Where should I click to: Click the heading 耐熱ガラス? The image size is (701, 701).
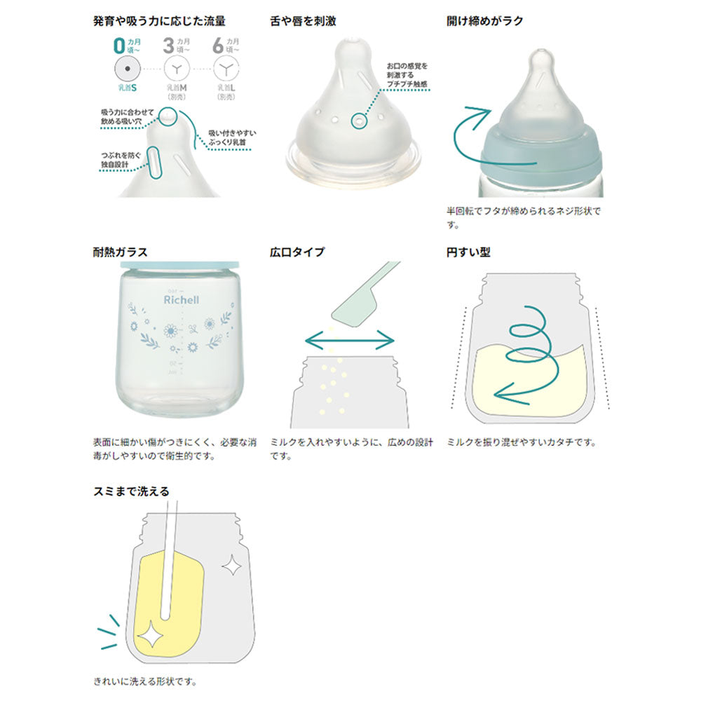coord(120,252)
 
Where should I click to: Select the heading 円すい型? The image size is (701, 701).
coord(469,252)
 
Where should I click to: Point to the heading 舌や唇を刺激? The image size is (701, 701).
coord(303,21)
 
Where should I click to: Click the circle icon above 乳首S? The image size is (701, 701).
coord(127,69)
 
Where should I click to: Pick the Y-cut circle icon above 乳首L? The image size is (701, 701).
coord(226,69)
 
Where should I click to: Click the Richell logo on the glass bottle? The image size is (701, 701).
coord(182,300)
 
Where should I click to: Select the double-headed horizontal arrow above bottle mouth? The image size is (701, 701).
coord(350,341)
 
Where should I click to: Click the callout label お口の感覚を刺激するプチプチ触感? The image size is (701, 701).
coord(406,75)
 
